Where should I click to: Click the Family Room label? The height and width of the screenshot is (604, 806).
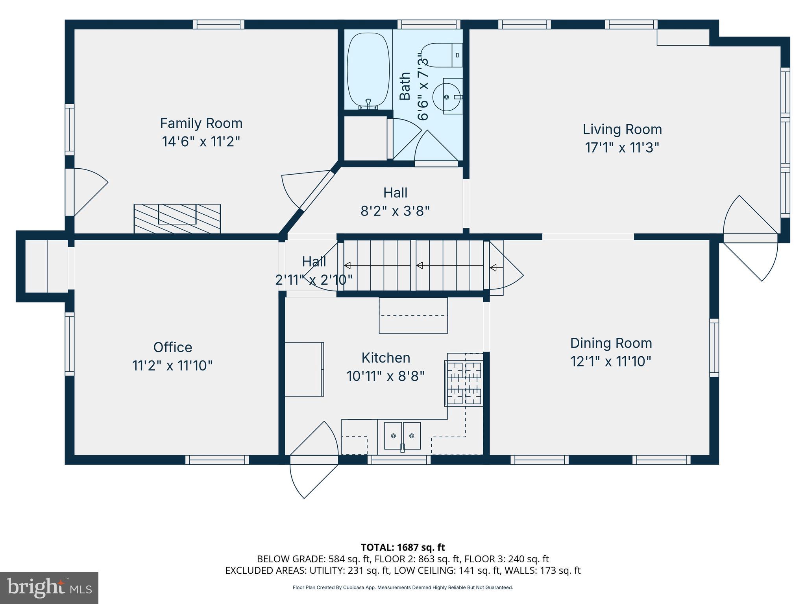201,123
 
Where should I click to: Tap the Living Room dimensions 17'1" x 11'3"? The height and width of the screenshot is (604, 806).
622,148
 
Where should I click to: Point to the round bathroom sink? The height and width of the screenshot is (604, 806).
447,97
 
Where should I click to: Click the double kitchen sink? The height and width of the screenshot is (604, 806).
402,436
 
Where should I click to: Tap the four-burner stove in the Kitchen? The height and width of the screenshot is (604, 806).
464,383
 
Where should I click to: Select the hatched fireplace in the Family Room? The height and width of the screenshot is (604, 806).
177,218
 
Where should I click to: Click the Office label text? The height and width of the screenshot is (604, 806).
173,347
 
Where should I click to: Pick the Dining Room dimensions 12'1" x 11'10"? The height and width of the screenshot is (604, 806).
611,361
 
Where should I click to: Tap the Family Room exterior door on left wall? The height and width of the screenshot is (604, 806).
89,192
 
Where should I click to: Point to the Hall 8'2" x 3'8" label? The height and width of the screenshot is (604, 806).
395,202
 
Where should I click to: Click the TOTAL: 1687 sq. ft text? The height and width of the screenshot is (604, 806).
403,547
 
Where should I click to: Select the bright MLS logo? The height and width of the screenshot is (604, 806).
49,587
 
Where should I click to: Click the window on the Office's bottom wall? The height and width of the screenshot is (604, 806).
217,460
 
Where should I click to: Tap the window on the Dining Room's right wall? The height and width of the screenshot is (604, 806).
714,347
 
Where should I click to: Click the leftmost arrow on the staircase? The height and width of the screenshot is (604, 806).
348,265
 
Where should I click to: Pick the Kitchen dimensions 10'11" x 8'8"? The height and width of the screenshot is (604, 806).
386,376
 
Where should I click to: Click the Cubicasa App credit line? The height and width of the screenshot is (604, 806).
403,587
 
